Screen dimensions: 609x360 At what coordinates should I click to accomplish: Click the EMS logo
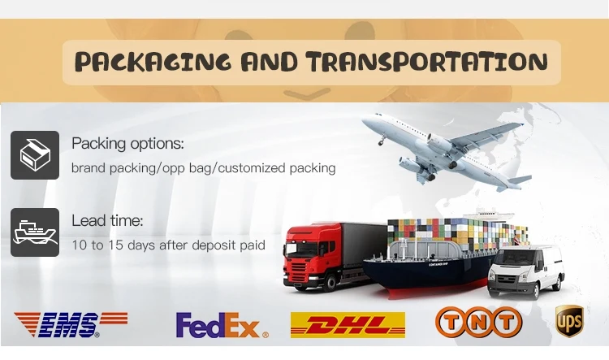click(71, 324)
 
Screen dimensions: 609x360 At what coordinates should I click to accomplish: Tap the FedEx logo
click(222, 325)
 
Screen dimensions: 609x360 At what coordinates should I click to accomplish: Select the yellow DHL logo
click(348, 324)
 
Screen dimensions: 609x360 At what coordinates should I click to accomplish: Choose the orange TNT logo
click(478, 322)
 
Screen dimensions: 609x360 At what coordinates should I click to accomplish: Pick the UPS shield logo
click(569, 321)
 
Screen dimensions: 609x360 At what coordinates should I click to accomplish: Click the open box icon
click(35, 155)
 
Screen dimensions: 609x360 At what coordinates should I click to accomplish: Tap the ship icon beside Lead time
click(35, 232)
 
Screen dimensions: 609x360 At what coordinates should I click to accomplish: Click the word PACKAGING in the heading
click(153, 62)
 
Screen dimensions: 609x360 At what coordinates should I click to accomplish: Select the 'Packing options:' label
click(127, 144)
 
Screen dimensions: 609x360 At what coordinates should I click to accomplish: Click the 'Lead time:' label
click(107, 220)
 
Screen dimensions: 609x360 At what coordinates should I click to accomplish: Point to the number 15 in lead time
click(116, 245)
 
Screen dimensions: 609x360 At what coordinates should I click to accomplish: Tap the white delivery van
click(526, 271)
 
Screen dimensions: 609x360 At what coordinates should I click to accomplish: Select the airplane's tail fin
click(520, 180)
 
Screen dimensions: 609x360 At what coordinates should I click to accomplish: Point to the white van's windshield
click(516, 258)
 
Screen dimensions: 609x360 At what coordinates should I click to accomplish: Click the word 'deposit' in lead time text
click(214, 245)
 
